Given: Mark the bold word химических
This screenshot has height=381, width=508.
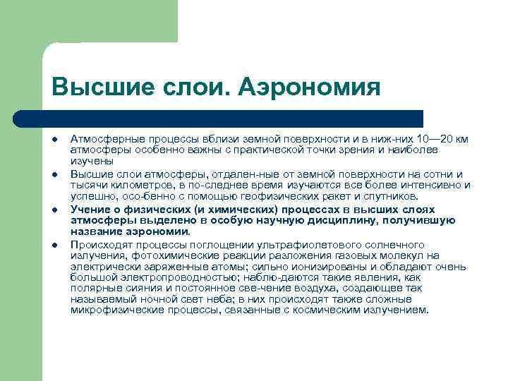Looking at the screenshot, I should (232, 210).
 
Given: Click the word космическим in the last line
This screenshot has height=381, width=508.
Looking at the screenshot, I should (337, 310).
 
